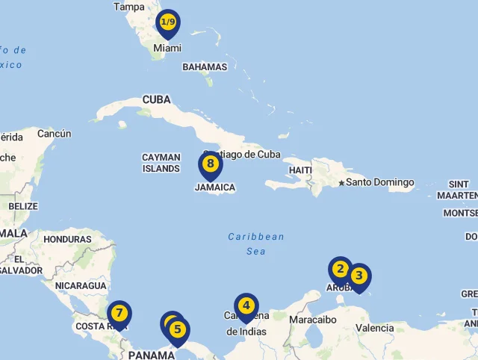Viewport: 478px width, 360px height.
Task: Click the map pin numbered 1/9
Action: click(168, 23)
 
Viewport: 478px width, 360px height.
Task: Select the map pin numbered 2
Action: click(340, 270)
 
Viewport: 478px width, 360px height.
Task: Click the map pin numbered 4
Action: click(246, 305)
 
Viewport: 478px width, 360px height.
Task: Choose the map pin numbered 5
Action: click(178, 329)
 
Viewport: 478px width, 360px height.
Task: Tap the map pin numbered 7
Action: click(119, 313)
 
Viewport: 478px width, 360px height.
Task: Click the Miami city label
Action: click(167, 48)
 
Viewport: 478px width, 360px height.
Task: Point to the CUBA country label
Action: click(157, 99)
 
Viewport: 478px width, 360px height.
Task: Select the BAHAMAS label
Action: click(205, 67)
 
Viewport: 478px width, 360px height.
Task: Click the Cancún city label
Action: click(55, 134)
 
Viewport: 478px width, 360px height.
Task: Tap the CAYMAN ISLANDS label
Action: click(161, 163)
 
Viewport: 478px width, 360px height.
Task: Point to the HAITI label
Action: click(300, 170)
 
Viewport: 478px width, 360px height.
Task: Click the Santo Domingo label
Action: click(379, 182)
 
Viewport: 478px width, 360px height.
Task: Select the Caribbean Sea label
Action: click(256, 243)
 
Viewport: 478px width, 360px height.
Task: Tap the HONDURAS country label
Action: click(67, 240)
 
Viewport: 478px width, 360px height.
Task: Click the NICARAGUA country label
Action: click(81, 285)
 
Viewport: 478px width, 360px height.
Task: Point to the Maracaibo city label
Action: click(313, 320)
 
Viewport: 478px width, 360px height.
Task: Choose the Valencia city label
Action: click(374, 328)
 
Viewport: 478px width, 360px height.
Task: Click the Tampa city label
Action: click(129, 7)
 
